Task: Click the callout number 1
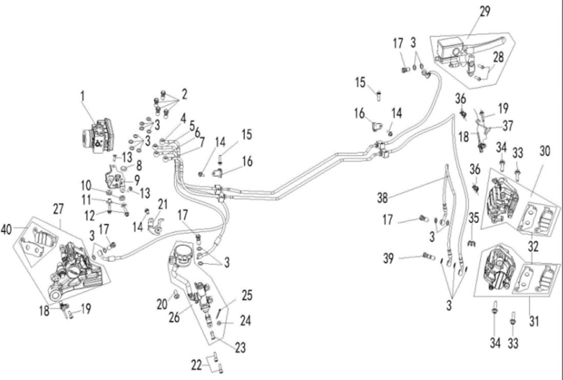click(83, 96)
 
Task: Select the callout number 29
click(484, 11)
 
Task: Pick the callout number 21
click(163, 204)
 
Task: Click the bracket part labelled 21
click(156, 223)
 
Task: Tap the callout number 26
click(174, 318)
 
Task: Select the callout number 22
click(196, 365)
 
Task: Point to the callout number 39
click(388, 259)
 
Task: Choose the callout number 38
click(383, 198)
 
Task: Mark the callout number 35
click(474, 218)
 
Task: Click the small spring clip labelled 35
click(472, 243)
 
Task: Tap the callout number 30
click(545, 151)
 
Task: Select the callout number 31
click(534, 321)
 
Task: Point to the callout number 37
click(508, 126)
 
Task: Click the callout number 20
click(162, 304)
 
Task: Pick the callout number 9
click(137, 180)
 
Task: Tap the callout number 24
click(246, 321)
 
